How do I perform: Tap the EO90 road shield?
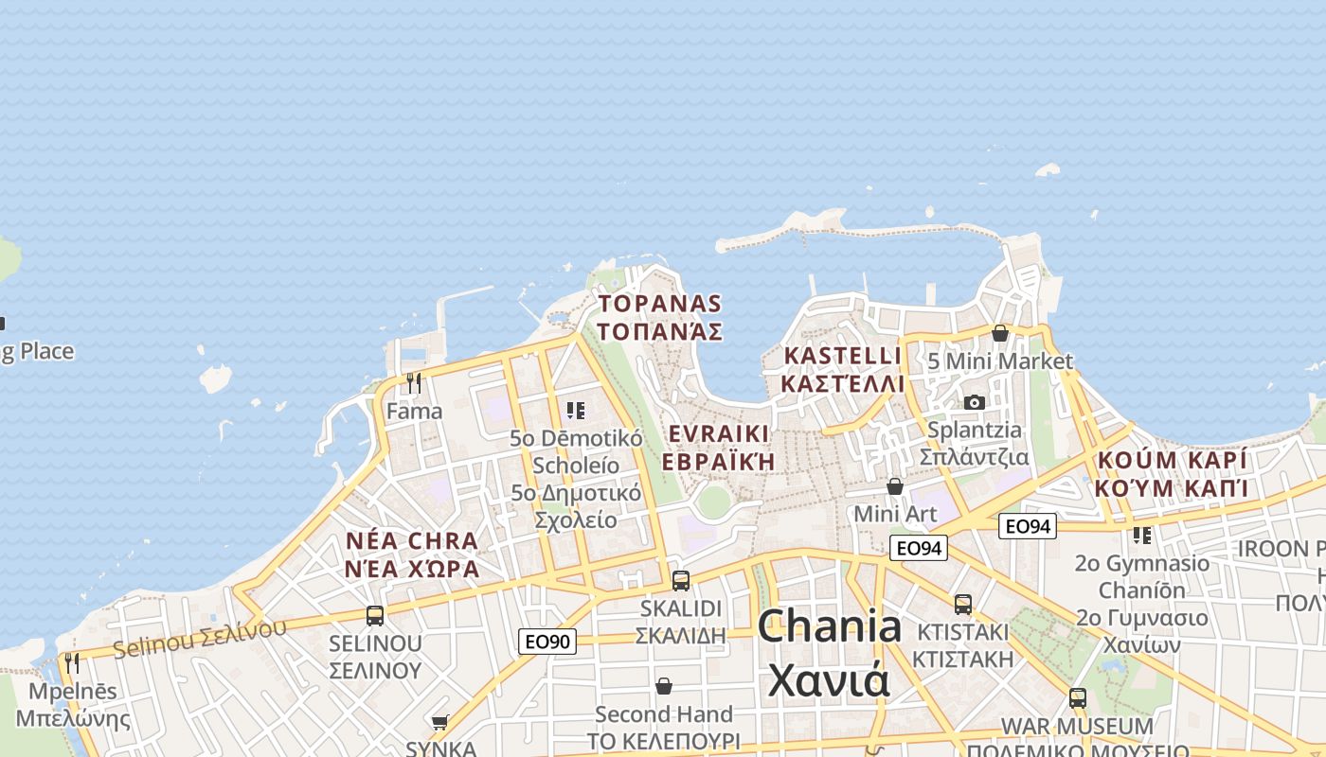(x=547, y=642)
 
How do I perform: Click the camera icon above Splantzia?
(x=974, y=403)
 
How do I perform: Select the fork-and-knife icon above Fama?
(x=414, y=383)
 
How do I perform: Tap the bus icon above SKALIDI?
(x=680, y=581)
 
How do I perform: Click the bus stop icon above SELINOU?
(x=375, y=616)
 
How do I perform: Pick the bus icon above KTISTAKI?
(x=963, y=604)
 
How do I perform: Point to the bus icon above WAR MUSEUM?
(x=1077, y=698)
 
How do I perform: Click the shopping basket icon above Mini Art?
(x=895, y=486)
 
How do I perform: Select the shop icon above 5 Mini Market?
(x=999, y=333)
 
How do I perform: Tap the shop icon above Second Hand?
(x=664, y=686)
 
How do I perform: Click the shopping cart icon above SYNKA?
(x=440, y=723)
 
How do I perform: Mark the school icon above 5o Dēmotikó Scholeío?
(x=576, y=411)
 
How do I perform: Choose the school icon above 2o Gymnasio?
(x=1142, y=536)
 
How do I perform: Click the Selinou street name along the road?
(x=200, y=640)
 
